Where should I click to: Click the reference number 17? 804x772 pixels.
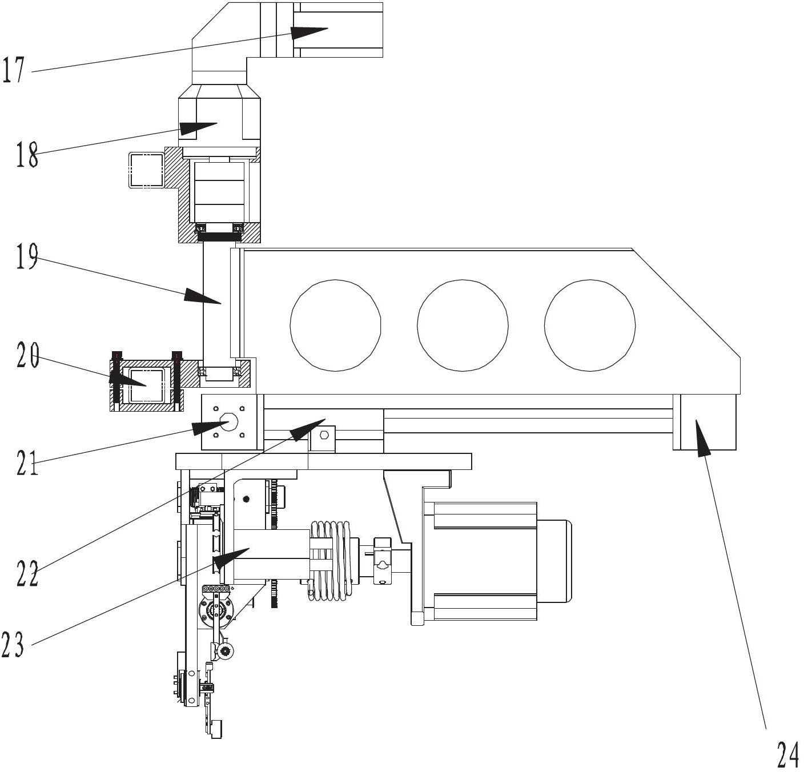pyautogui.click(x=13, y=70)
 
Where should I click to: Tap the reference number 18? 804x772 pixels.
pyautogui.click(x=27, y=154)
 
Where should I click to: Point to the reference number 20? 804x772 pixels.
pyautogui.click(x=27, y=355)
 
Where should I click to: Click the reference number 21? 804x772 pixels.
pyautogui.click(x=27, y=463)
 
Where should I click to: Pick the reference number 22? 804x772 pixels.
pyautogui.click(x=27, y=574)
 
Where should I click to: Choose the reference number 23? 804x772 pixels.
pyautogui.click(x=13, y=645)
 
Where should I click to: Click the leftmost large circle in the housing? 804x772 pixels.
pyautogui.click(x=335, y=324)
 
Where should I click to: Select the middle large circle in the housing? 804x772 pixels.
pyautogui.click(x=463, y=324)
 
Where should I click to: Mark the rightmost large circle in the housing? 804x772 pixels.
pyautogui.click(x=590, y=324)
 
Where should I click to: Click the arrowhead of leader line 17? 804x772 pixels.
pyautogui.click(x=311, y=32)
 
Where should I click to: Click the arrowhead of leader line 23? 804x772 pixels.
pyautogui.click(x=231, y=557)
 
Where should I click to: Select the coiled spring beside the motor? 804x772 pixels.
pyautogui.click(x=331, y=560)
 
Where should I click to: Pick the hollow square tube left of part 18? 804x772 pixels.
pyautogui.click(x=147, y=170)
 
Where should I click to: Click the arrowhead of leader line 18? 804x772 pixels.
pyautogui.click(x=198, y=127)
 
